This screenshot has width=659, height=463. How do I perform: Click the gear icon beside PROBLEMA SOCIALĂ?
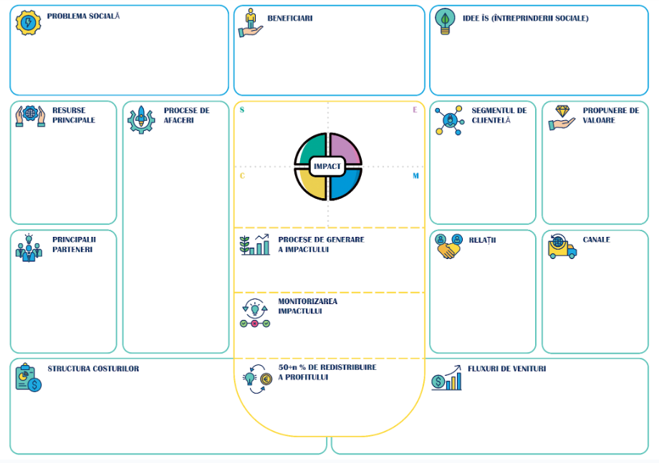(28, 22)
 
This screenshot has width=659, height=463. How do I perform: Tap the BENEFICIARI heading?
(290, 18)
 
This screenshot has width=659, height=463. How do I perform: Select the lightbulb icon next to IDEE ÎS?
(445, 21)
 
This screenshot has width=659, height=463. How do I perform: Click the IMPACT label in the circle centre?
(327, 166)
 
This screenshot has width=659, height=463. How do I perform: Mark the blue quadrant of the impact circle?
(344, 184)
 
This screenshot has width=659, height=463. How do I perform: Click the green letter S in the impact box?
(241, 110)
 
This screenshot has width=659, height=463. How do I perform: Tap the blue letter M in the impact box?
(415, 176)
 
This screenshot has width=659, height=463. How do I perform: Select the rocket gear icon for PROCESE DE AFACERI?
(141, 120)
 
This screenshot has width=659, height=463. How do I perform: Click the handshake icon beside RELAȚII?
(448, 246)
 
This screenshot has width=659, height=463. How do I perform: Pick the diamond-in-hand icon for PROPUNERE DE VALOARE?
(562, 117)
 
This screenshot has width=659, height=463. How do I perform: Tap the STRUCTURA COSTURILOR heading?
(93, 369)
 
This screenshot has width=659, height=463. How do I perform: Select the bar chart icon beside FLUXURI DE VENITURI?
(446, 378)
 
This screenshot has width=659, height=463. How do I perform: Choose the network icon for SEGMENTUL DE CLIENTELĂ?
(449, 120)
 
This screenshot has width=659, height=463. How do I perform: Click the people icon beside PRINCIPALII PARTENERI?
(29, 248)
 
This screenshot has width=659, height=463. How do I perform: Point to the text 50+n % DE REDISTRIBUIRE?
(327, 367)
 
